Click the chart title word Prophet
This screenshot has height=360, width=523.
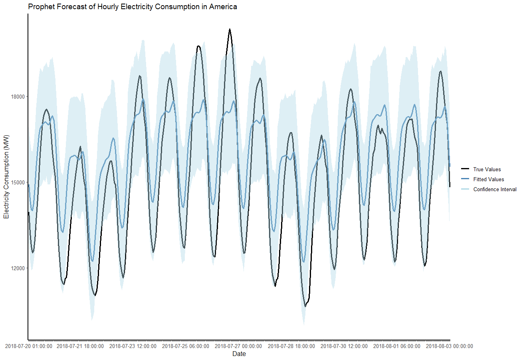point(41,7)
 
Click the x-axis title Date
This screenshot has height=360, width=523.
point(239,354)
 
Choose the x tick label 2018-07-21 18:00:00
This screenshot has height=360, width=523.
point(80,346)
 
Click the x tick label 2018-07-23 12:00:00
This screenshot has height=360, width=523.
point(133,346)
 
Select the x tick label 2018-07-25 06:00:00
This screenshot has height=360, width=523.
point(186,346)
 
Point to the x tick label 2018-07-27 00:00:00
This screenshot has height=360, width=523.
point(238,346)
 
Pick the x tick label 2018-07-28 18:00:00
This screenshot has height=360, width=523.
point(291,346)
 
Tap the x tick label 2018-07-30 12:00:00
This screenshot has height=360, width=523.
point(344,346)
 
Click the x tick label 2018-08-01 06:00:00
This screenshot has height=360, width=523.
point(396,346)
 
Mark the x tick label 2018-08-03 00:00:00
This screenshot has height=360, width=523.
point(449,346)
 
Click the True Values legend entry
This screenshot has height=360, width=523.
point(487,170)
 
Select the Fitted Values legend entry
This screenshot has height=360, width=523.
point(488,180)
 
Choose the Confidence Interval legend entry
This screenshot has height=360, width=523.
point(495,190)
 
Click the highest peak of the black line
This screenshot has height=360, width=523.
point(230,29)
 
